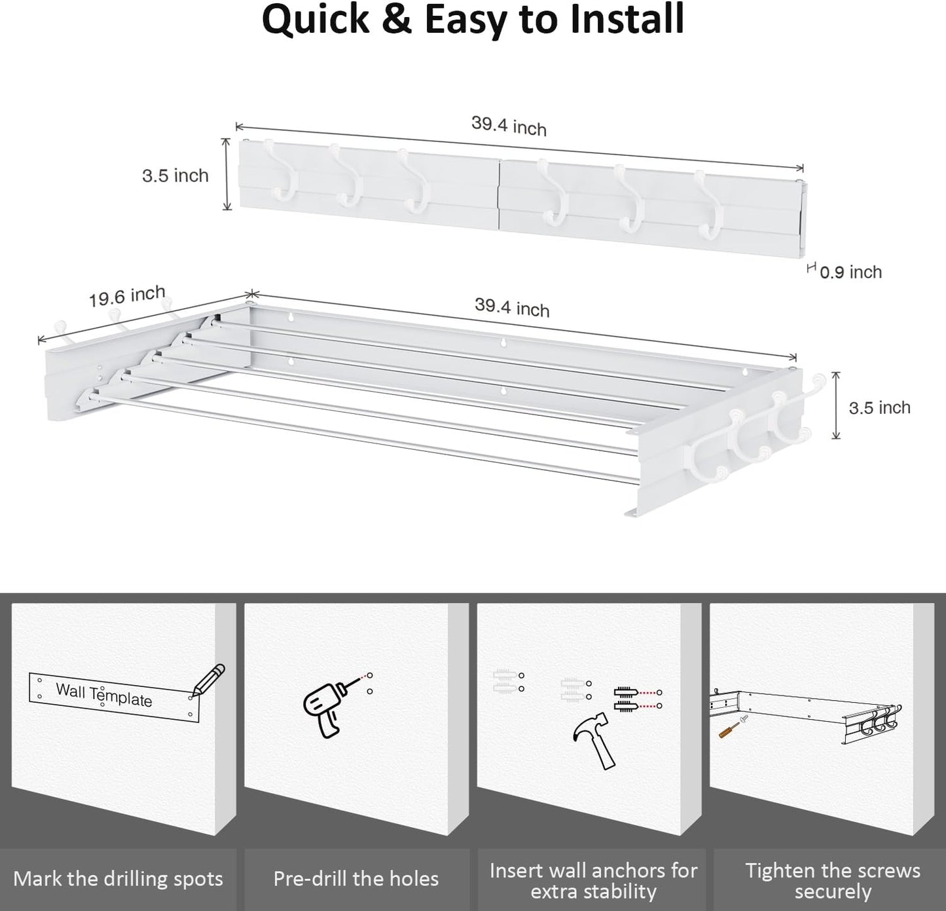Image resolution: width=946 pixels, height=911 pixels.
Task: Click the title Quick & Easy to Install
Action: [473, 20]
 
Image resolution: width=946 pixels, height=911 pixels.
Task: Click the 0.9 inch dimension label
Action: [850, 272]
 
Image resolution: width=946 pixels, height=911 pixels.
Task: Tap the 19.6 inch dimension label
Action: [127, 297]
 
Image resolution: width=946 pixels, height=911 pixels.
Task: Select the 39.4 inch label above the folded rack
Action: [509, 126]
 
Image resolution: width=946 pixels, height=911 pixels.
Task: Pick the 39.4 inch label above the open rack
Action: [512, 308]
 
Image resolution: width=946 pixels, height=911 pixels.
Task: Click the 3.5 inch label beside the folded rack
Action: [175, 176]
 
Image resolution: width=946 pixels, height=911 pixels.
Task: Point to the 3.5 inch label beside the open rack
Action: [879, 407]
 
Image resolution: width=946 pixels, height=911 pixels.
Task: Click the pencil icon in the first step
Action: [209, 679]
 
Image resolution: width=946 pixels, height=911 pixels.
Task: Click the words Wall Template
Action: [104, 694]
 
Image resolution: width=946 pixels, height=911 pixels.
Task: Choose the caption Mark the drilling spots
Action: [118, 879]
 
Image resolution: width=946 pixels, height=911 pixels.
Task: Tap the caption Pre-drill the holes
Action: [356, 879]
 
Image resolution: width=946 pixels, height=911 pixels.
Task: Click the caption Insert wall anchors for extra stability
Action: [593, 880]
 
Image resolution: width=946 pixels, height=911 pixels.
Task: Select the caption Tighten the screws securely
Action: [832, 880]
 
